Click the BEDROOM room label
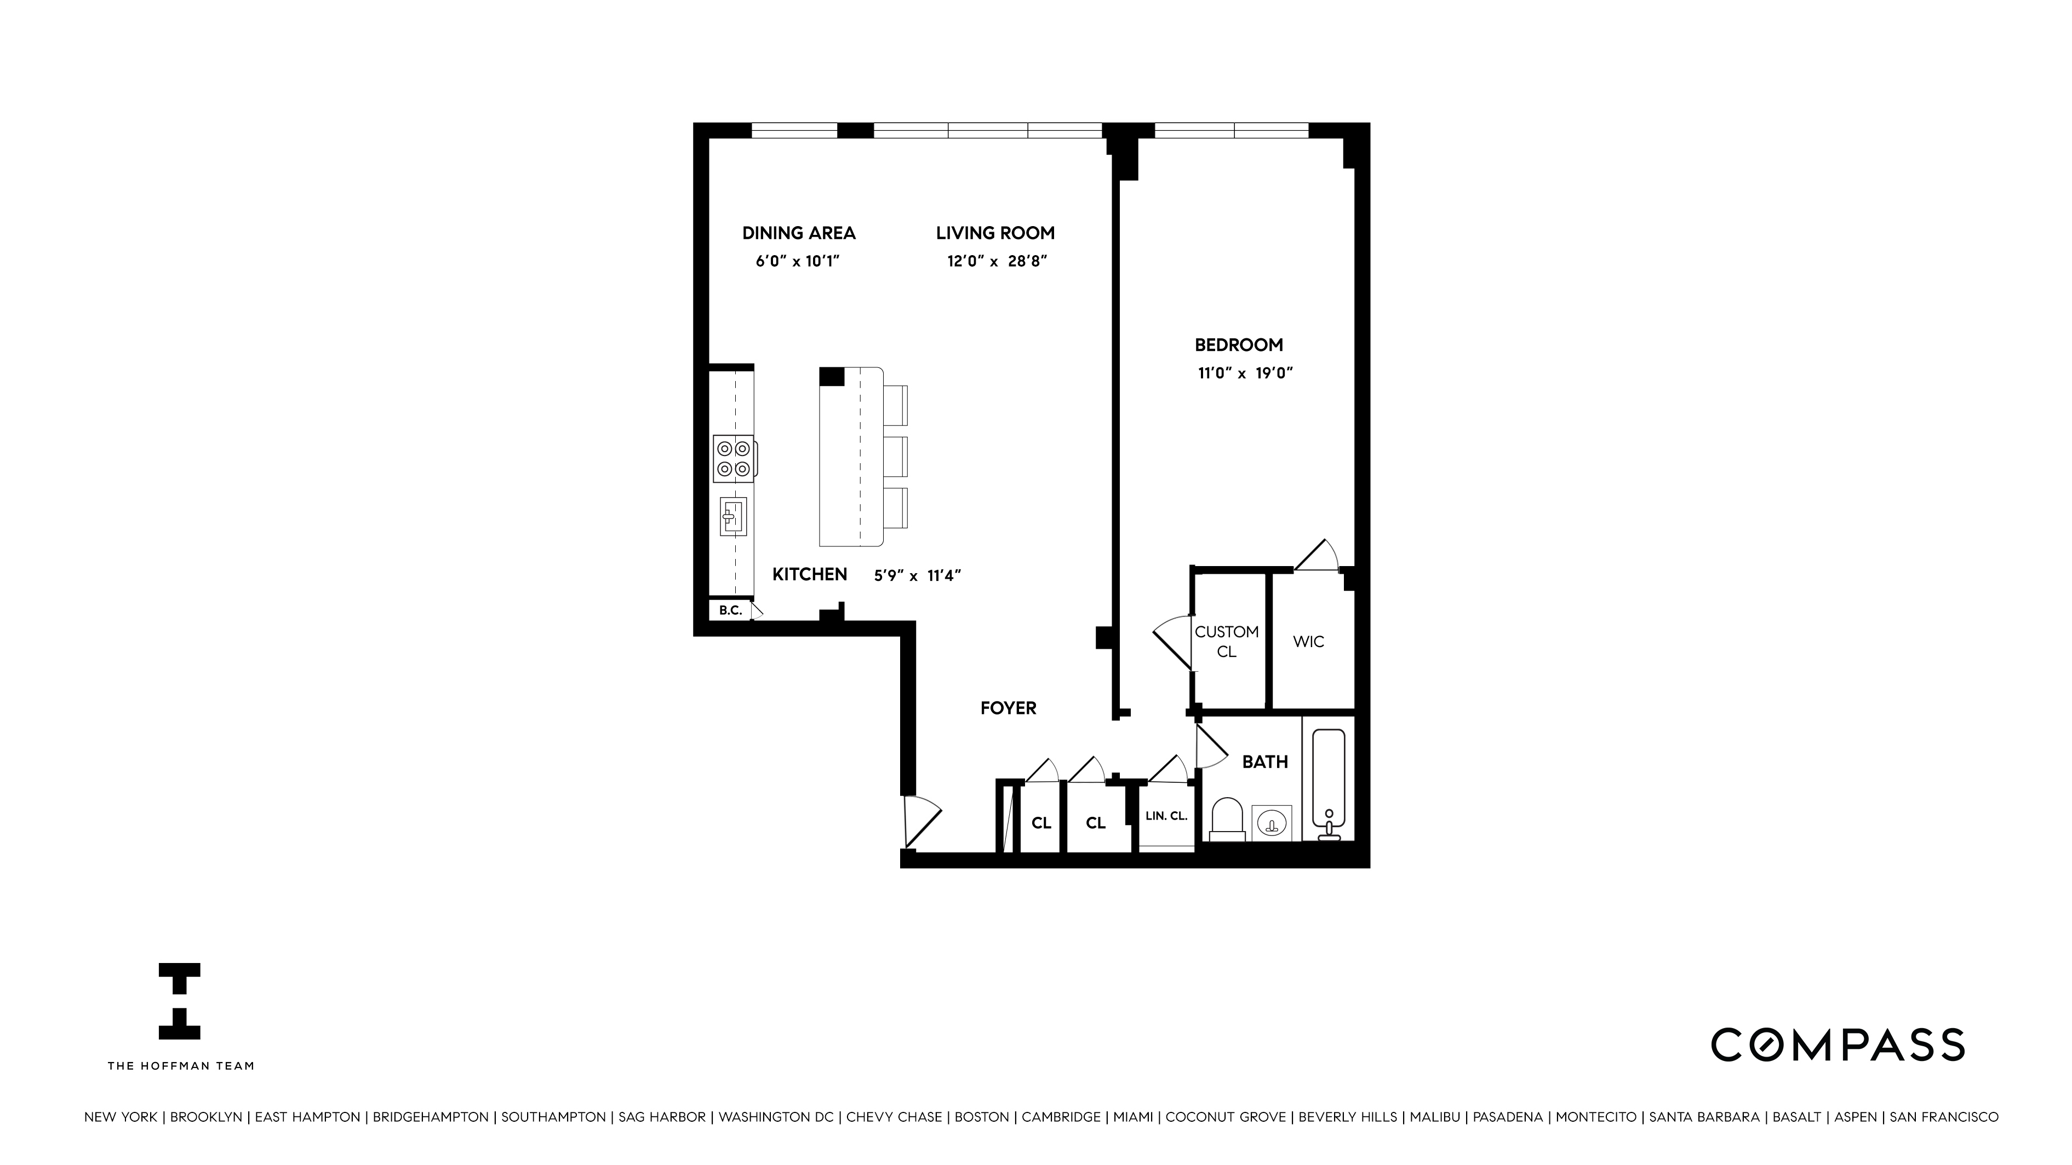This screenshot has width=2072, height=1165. point(1238,345)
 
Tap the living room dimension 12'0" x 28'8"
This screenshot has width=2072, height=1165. point(996,261)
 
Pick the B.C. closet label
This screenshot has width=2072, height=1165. point(730,610)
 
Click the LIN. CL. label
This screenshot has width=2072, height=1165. point(1166,816)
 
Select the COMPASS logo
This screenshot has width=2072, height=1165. point(1837,1045)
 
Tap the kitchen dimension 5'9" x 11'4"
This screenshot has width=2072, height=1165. point(918,576)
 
